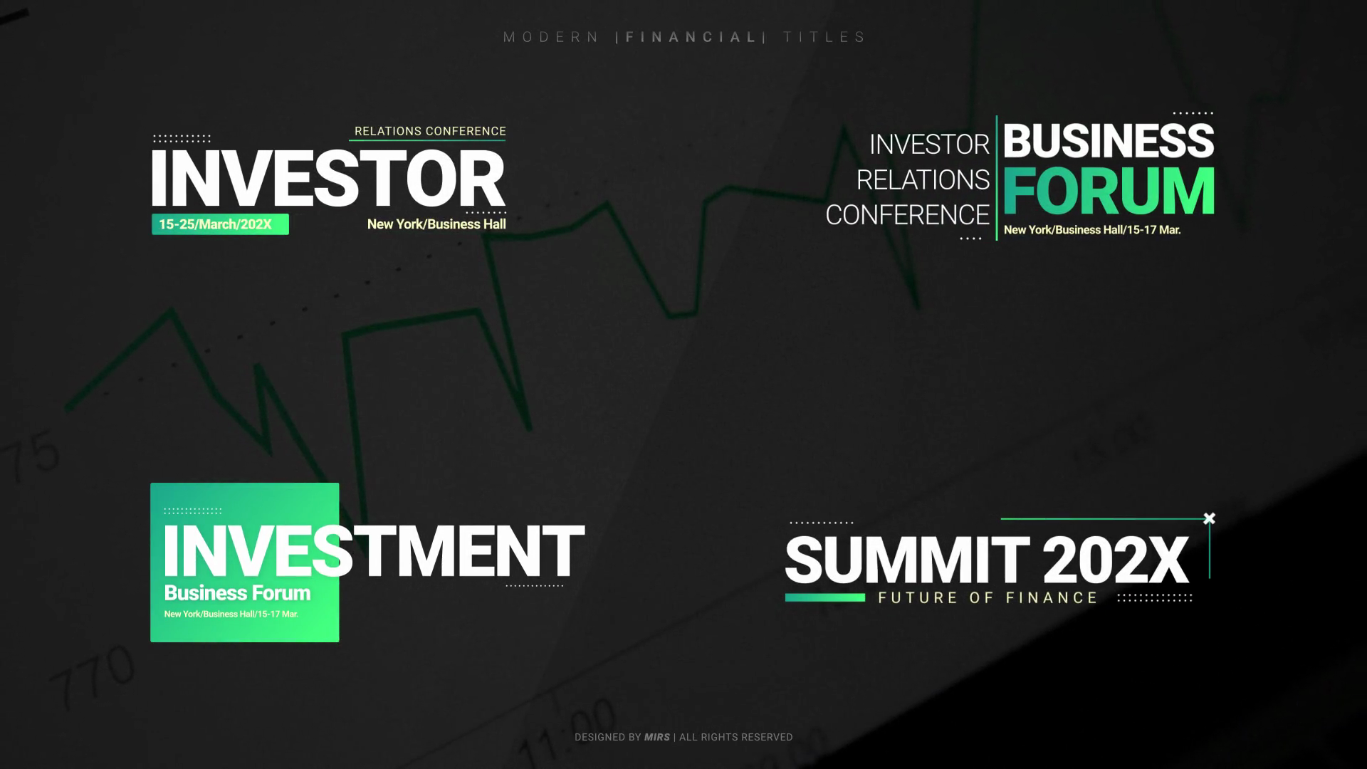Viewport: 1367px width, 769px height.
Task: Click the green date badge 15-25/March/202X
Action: coord(220,224)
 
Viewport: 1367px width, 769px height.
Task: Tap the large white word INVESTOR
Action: coord(328,178)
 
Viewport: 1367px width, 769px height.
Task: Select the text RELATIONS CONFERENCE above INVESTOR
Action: coord(430,131)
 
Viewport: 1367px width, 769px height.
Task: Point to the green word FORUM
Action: coord(1109,190)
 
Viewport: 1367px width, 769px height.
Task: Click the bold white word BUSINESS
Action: coord(1109,141)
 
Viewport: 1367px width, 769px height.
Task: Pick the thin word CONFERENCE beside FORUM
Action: coord(908,215)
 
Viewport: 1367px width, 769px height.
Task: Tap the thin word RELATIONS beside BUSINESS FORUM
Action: coord(923,180)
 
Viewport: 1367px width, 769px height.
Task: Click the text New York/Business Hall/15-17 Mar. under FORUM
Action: coord(1092,230)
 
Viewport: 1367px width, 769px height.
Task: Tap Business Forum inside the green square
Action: coord(237,593)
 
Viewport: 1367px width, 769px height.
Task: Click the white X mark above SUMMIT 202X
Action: coord(1209,518)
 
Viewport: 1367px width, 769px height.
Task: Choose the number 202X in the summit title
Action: coord(1116,560)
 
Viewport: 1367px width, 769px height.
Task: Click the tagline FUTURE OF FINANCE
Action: coord(988,598)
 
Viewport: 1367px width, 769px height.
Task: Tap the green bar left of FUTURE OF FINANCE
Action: coord(825,597)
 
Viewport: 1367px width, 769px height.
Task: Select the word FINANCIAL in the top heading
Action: coord(691,37)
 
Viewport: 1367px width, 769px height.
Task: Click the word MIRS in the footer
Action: coord(657,738)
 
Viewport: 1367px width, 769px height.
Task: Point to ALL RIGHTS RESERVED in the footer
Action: coord(736,738)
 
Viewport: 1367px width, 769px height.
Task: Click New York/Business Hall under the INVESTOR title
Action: coord(436,224)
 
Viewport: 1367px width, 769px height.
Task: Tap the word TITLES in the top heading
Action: coord(824,37)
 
